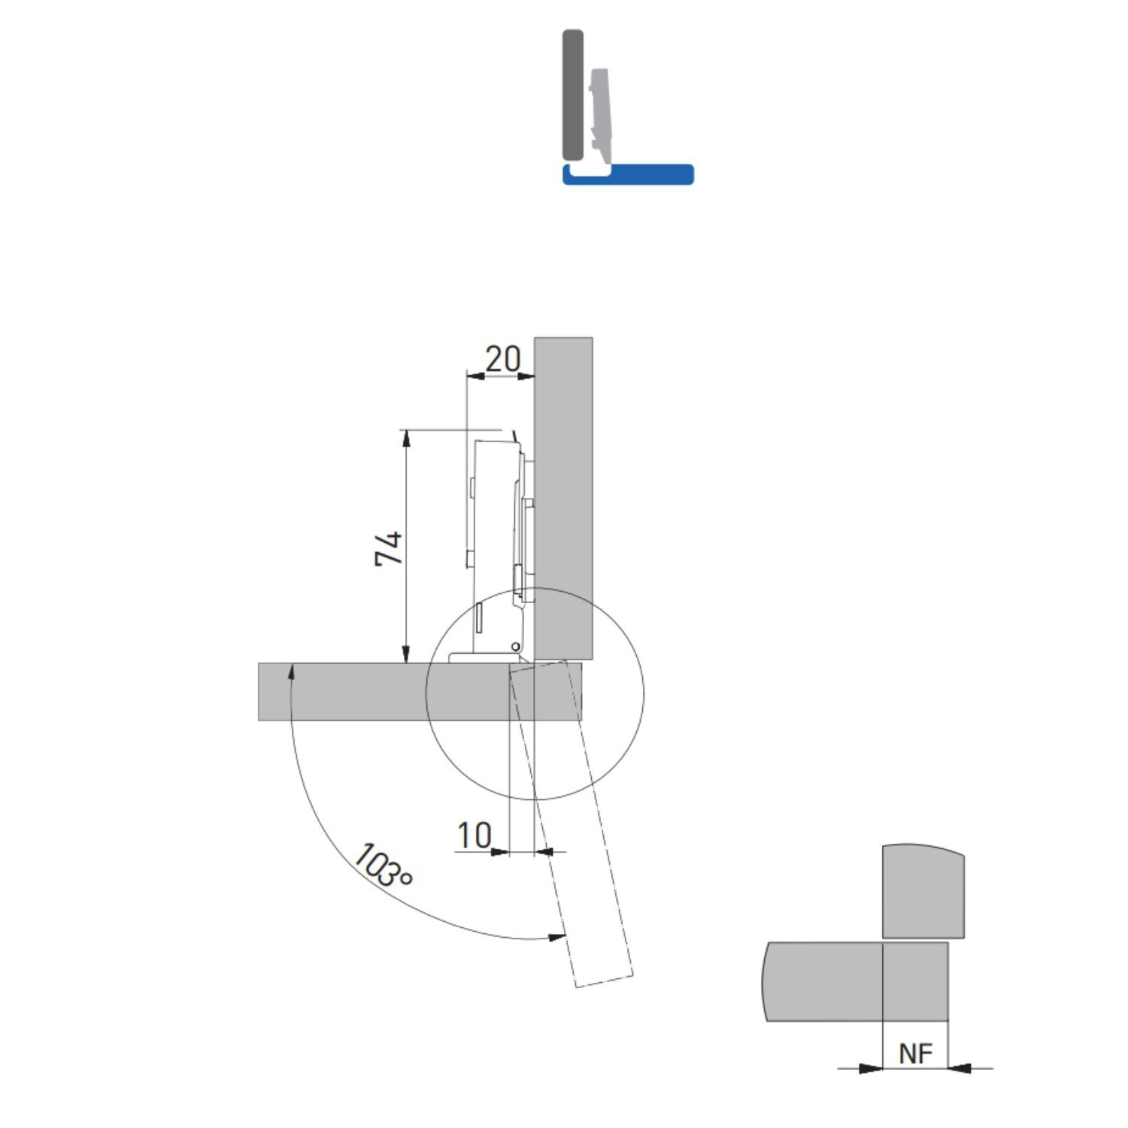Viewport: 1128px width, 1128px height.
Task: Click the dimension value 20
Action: point(502,359)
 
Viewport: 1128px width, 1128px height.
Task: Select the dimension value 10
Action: point(475,835)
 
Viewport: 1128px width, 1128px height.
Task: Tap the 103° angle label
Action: point(382,866)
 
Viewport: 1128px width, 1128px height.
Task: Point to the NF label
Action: point(915,1054)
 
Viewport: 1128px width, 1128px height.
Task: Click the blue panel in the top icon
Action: point(628,174)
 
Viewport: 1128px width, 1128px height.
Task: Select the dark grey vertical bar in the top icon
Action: point(573,95)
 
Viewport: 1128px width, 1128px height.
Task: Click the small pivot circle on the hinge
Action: point(516,647)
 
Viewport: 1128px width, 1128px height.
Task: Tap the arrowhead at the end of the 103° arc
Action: point(557,937)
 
